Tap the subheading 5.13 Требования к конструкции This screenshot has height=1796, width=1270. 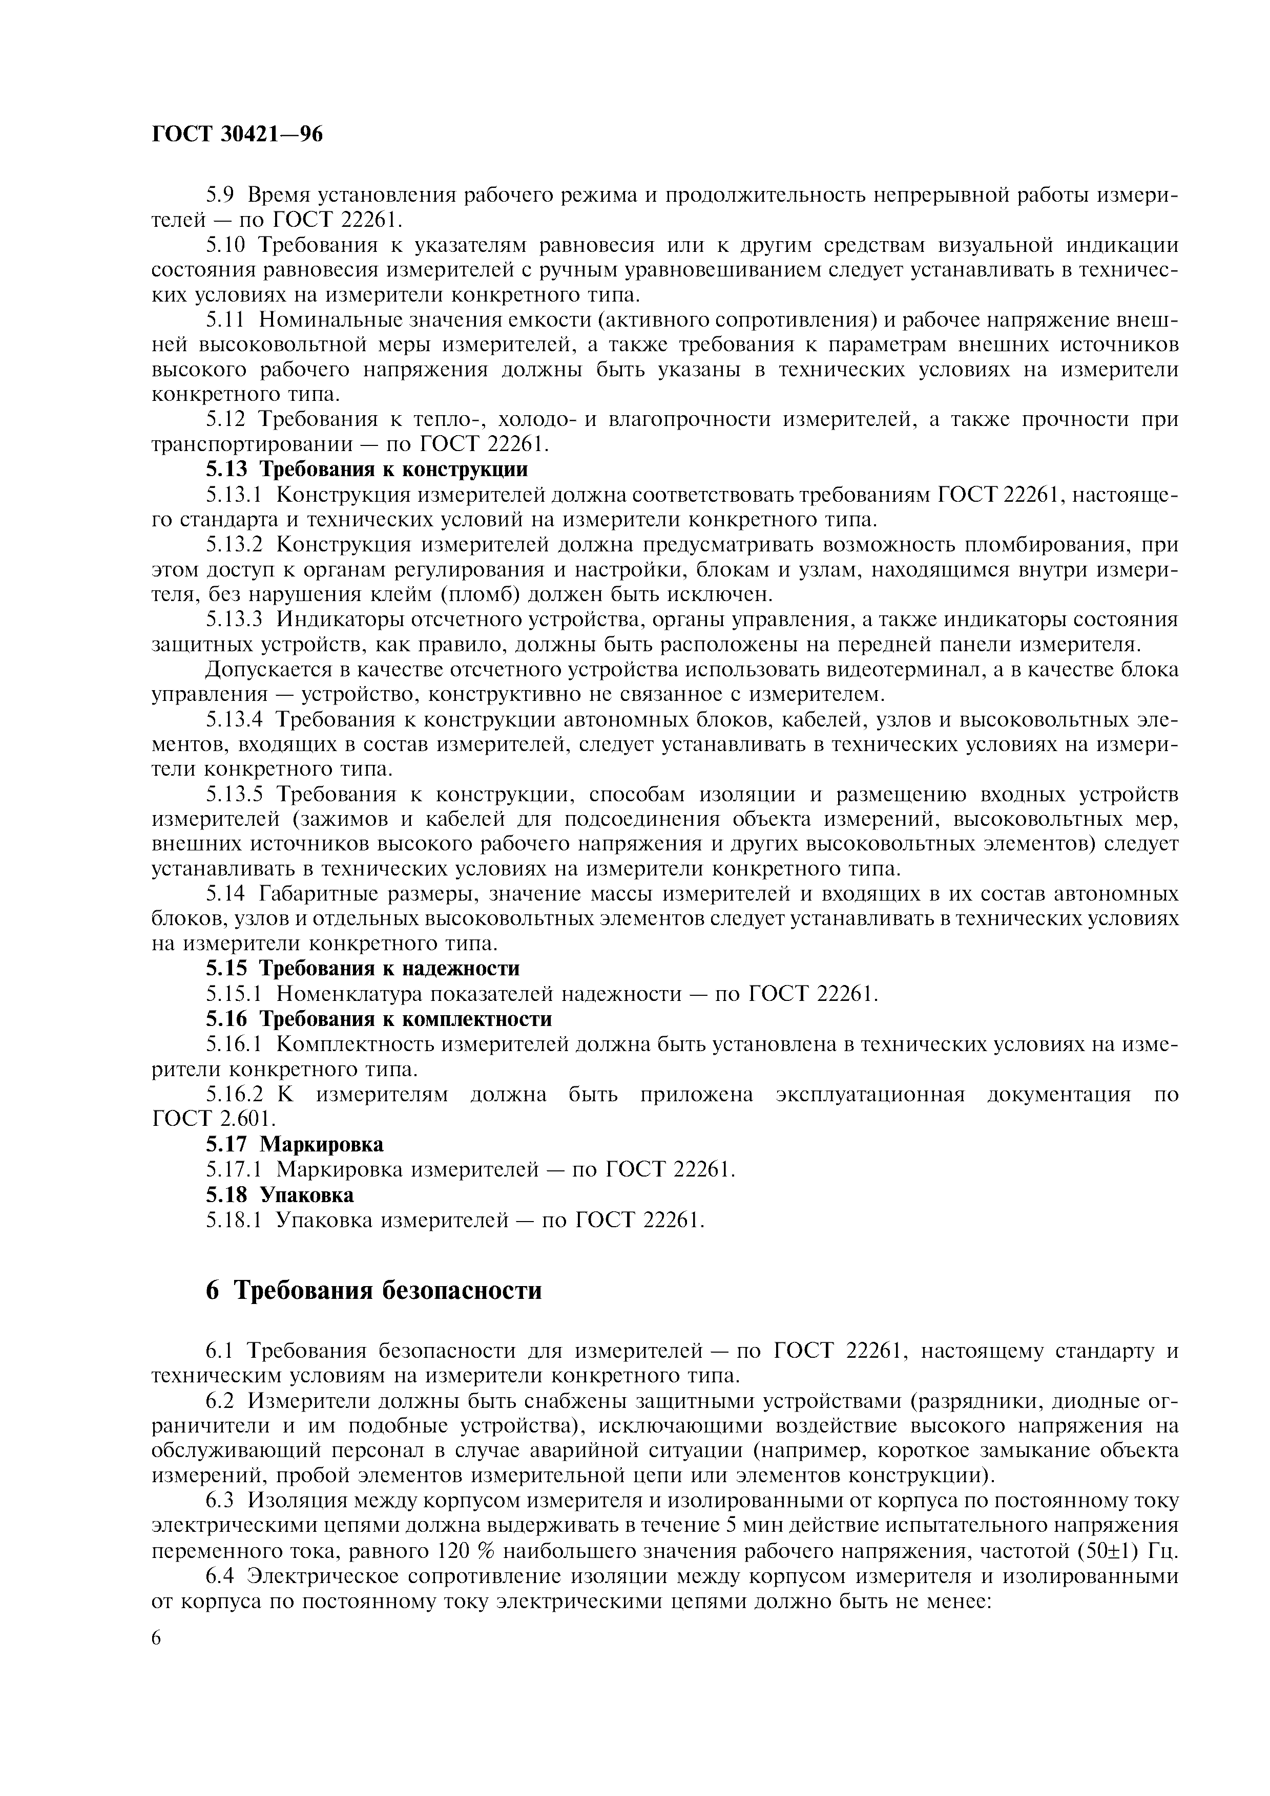click(366, 469)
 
